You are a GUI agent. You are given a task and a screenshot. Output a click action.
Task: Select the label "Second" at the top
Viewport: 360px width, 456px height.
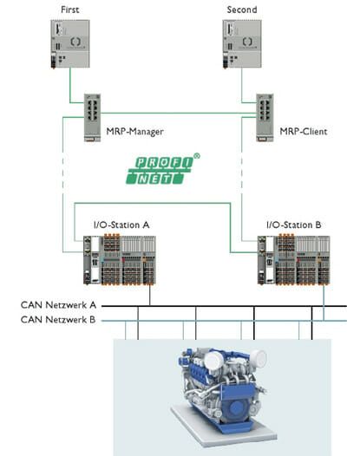[x=241, y=9]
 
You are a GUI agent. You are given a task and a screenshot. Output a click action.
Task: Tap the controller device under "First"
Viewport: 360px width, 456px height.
[x=67, y=44]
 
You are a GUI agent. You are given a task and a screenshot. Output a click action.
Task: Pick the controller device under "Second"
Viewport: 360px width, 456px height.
[x=241, y=44]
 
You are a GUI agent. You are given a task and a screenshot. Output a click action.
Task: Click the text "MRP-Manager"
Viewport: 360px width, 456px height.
[x=134, y=133]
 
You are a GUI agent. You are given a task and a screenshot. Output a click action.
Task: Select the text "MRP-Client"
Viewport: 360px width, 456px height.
[x=304, y=133]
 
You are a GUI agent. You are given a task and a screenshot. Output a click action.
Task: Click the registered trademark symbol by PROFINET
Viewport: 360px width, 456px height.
[x=198, y=157]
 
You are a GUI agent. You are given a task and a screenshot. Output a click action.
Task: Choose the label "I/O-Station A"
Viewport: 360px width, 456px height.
[x=121, y=225]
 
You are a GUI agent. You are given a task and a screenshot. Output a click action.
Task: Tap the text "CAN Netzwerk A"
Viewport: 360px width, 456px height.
[x=58, y=306]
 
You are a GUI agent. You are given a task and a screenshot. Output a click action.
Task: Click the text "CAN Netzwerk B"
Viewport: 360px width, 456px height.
[x=58, y=321]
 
